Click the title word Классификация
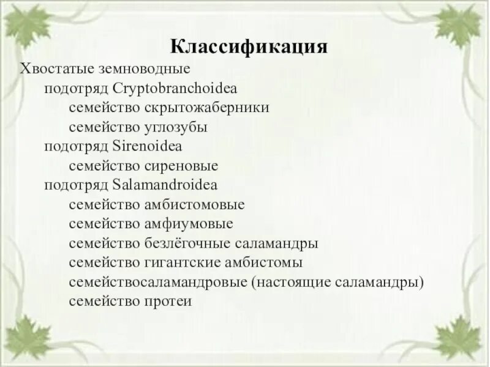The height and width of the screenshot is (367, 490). tap(248, 48)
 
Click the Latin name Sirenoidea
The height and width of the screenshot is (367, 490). tap(148, 146)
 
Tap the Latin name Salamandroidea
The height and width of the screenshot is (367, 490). tap(165, 185)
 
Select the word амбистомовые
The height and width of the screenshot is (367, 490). tap(195, 204)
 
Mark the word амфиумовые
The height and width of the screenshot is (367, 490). tap(189, 224)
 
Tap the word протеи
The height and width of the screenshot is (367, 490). tap(168, 302)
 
